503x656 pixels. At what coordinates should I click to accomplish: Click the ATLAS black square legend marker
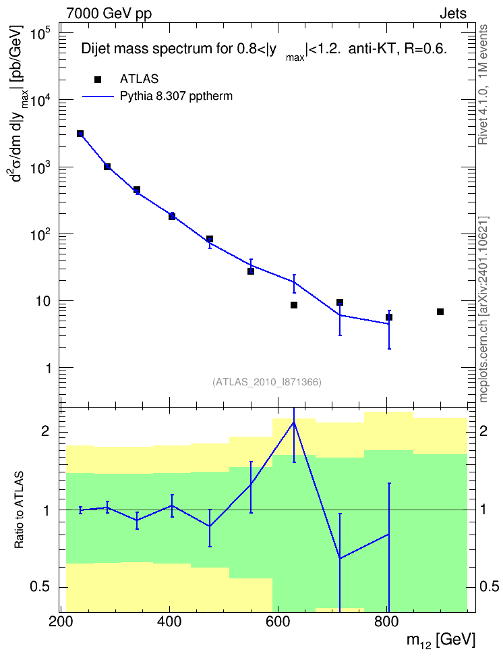click(x=98, y=80)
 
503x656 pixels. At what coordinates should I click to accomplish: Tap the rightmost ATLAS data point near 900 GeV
click(x=440, y=312)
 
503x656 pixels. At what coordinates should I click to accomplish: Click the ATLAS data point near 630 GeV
click(x=294, y=305)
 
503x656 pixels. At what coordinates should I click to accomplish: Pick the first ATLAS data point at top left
click(x=80, y=134)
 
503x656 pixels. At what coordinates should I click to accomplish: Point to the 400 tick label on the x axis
click(x=169, y=622)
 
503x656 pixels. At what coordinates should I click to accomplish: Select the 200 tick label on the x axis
click(x=61, y=622)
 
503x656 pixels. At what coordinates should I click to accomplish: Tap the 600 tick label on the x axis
click(x=278, y=622)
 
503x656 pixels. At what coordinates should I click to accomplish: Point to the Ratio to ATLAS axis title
click(x=19, y=510)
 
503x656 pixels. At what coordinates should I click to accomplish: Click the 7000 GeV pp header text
click(x=109, y=13)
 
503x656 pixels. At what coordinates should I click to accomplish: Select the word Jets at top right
click(x=453, y=13)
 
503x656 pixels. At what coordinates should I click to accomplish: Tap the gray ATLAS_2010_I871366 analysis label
click(x=267, y=382)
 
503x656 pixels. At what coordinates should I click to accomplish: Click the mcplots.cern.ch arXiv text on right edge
click(x=483, y=309)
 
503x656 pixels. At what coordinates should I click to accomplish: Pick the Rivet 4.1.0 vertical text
click(x=483, y=84)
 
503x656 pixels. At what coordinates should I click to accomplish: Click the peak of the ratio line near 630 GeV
click(x=294, y=422)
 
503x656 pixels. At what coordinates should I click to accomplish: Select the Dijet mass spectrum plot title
click(x=264, y=50)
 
